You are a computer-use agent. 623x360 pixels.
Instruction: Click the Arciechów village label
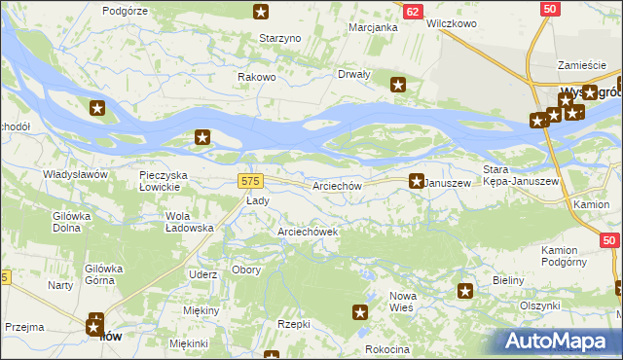[338, 185]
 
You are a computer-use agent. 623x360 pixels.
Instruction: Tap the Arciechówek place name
[308, 232]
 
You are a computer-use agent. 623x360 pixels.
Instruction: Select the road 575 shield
[250, 182]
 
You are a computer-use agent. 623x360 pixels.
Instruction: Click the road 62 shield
[413, 11]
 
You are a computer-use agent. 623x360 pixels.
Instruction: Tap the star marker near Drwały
[398, 85]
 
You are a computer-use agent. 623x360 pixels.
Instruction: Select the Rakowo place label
[258, 77]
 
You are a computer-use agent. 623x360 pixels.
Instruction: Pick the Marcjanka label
[374, 27]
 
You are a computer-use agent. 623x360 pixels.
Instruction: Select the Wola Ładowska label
[190, 221]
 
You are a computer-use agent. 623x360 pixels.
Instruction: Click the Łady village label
[257, 200]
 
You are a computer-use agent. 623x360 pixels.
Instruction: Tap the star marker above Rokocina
[360, 312]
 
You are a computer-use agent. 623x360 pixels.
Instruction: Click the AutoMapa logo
[559, 341]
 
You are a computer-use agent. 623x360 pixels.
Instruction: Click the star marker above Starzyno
[261, 12]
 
